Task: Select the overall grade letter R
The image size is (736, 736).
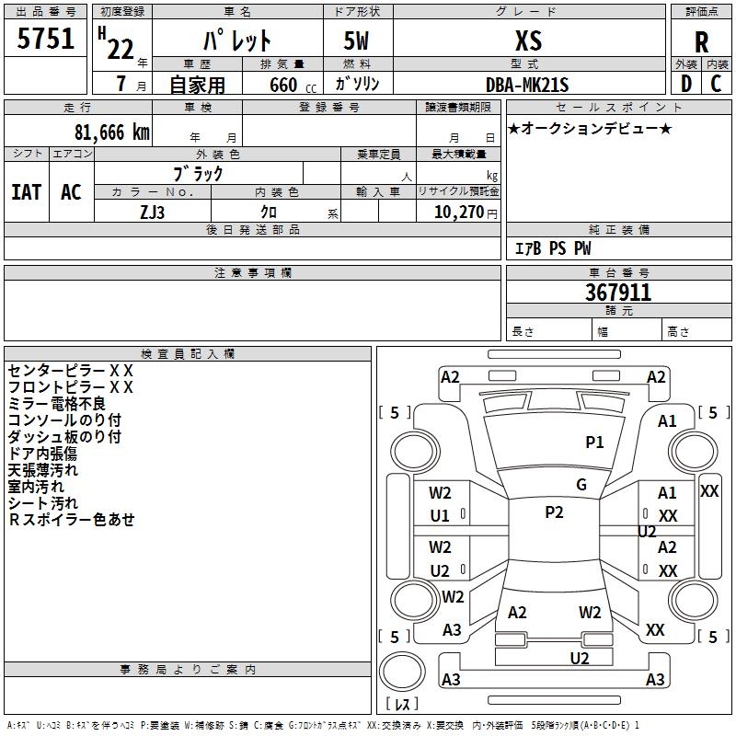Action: pyautogui.click(x=701, y=42)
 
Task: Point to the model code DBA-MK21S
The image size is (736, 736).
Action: pyautogui.click(x=527, y=85)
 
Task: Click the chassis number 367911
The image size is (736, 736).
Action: pyautogui.click(x=618, y=293)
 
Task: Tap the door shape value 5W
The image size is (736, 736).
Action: pyautogui.click(x=356, y=40)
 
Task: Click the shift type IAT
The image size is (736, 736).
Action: pyautogui.click(x=26, y=191)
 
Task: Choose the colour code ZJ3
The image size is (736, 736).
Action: pyautogui.click(x=153, y=211)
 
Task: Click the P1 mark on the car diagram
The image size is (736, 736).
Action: pyautogui.click(x=595, y=443)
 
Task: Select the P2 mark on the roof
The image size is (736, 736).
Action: pyautogui.click(x=554, y=512)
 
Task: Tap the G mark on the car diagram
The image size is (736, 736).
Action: pyautogui.click(x=581, y=485)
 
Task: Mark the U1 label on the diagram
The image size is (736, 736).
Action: pyautogui.click(x=440, y=516)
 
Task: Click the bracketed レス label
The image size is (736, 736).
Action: pyautogui.click(x=402, y=704)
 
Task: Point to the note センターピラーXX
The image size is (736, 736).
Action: pyautogui.click(x=71, y=370)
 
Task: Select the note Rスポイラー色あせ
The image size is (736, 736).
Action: pyautogui.click(x=72, y=519)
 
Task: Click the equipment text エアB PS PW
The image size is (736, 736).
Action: pyautogui.click(x=552, y=248)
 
